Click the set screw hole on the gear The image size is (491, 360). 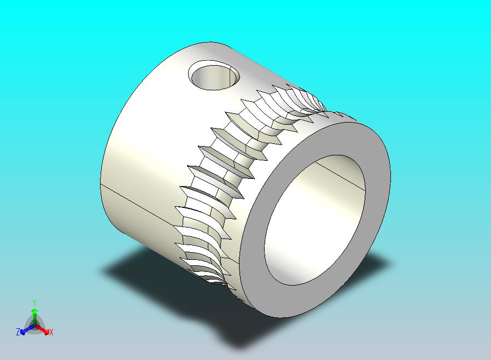click(214, 76)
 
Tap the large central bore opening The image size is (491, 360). click(315, 220)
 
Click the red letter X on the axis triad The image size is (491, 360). click(51, 332)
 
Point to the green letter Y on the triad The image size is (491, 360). click(34, 303)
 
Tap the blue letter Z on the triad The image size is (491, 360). click(18, 332)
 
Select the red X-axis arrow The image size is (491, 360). click(42, 329)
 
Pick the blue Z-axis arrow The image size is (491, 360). click(27, 329)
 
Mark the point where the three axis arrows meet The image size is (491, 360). click(35, 327)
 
